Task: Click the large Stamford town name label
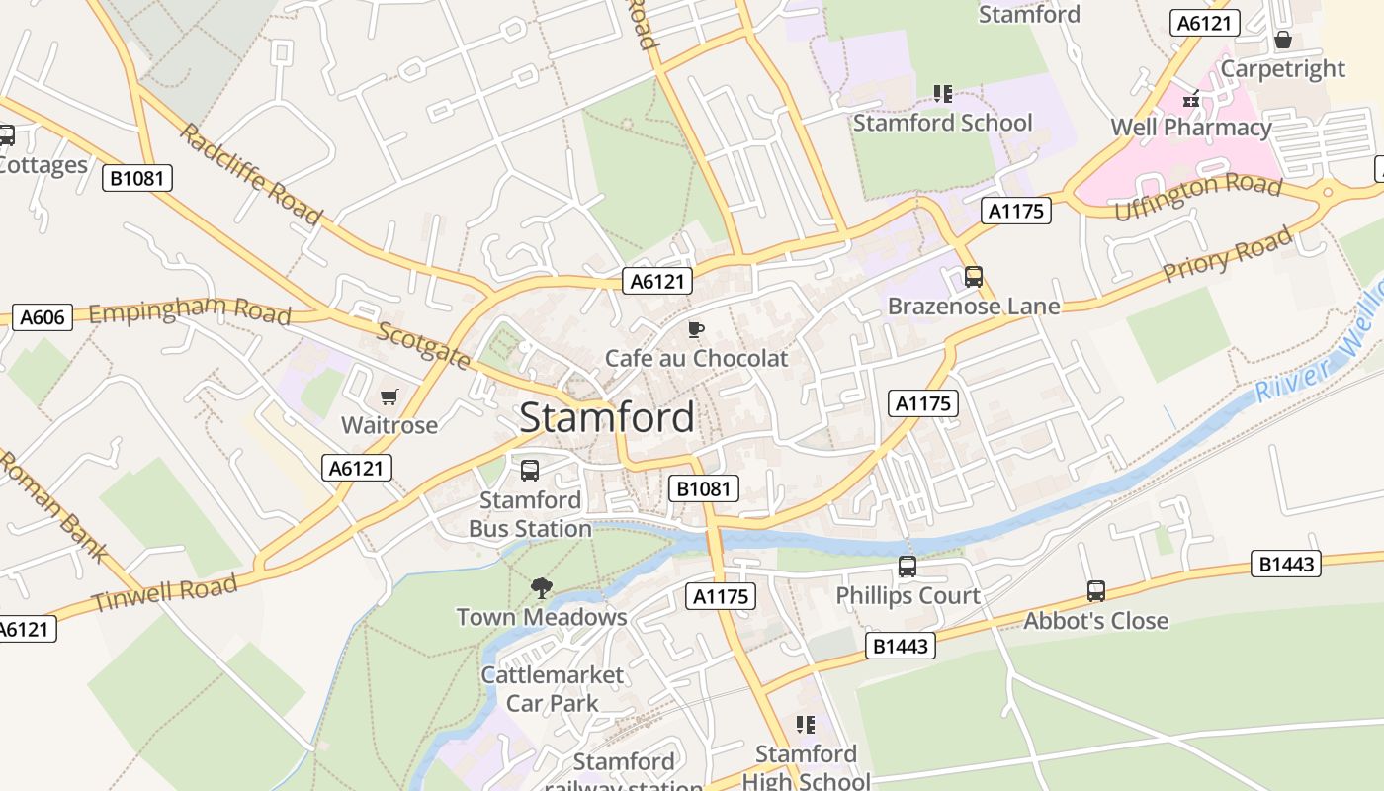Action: (607, 417)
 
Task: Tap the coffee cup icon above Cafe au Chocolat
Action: (696, 329)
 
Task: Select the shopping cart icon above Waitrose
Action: (389, 396)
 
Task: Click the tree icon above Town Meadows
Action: (541, 588)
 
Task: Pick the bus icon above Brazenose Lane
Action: (974, 277)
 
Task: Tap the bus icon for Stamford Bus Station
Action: (530, 471)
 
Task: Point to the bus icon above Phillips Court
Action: (907, 567)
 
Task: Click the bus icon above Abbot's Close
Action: (1095, 591)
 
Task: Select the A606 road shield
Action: (43, 317)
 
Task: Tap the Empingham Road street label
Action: (190, 312)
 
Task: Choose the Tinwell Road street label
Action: (164, 593)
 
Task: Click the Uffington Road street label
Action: (1197, 197)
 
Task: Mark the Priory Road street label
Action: (1227, 254)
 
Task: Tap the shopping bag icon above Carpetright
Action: (1282, 41)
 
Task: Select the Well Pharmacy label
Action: (1190, 128)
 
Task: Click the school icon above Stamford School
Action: (942, 94)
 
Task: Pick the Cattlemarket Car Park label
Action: (553, 689)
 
